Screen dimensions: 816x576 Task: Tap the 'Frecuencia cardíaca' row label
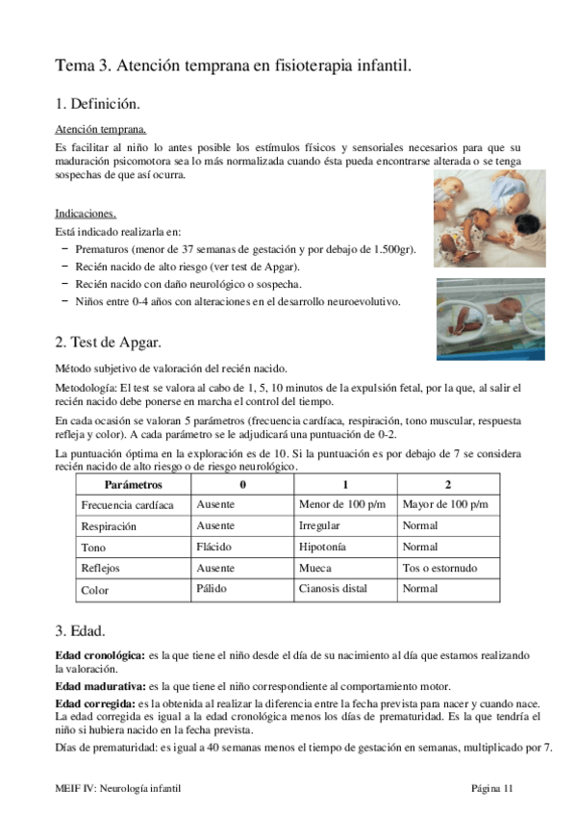[127, 505]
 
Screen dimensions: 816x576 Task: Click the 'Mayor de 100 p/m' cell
[444, 504]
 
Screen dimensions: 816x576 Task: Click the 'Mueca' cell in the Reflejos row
[314, 568]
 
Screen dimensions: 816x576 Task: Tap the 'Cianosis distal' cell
[338, 589]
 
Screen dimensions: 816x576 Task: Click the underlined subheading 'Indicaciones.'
[87, 214]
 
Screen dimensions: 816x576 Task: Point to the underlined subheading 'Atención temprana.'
[101, 128]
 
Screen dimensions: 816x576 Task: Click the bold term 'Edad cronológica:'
[101, 655]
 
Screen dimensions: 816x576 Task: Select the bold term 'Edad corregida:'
[95, 704]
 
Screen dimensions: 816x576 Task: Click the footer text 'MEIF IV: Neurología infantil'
[117, 789]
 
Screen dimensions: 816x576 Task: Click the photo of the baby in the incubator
[489, 318]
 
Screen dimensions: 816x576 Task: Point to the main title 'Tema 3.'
[85, 65]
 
